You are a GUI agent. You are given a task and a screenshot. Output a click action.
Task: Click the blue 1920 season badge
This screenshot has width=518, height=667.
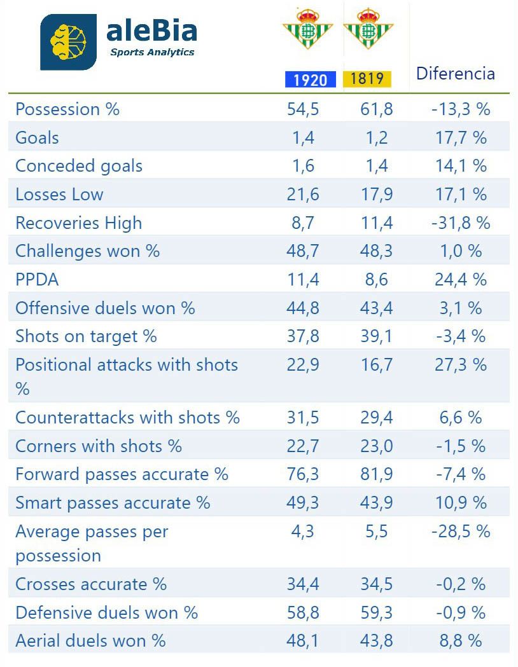coord(307,79)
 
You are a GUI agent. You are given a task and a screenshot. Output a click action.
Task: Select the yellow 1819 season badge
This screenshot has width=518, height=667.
coord(367,78)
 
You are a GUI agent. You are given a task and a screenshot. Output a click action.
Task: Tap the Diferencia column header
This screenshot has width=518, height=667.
coord(455,73)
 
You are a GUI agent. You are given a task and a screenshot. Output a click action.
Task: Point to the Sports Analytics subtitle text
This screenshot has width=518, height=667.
coord(152,52)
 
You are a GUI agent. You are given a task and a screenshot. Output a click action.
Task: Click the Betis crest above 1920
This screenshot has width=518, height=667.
coord(307,29)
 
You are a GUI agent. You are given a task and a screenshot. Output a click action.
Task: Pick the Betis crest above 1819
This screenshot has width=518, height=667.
coord(368,29)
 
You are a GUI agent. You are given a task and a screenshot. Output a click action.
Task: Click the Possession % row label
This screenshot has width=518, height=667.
coord(67,109)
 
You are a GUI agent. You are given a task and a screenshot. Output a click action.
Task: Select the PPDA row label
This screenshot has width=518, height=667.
coord(37,280)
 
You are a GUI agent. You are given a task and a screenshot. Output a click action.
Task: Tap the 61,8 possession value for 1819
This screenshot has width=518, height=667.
coord(377,109)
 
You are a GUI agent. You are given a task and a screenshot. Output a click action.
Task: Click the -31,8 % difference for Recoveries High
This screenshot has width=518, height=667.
coord(460,223)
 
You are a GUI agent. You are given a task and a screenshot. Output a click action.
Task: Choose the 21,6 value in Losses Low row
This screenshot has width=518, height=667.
coord(303,195)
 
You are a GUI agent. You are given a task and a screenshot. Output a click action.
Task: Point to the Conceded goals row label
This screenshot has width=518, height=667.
coord(79,166)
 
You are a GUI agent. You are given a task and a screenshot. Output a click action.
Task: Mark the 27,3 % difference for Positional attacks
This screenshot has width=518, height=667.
coord(461,365)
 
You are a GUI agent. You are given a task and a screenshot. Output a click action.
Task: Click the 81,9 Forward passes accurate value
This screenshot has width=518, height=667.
coord(377,474)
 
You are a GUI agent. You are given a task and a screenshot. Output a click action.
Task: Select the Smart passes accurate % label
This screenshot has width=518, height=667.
coord(113,503)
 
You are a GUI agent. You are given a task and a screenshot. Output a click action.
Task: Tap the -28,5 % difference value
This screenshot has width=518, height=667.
coord(460,532)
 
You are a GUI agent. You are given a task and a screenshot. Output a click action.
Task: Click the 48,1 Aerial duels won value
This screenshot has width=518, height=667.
coord(303,641)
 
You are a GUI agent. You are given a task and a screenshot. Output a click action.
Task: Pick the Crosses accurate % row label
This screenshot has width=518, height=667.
coord(91,584)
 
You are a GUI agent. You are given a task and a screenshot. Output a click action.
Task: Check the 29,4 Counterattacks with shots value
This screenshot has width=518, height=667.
coord(377,418)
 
